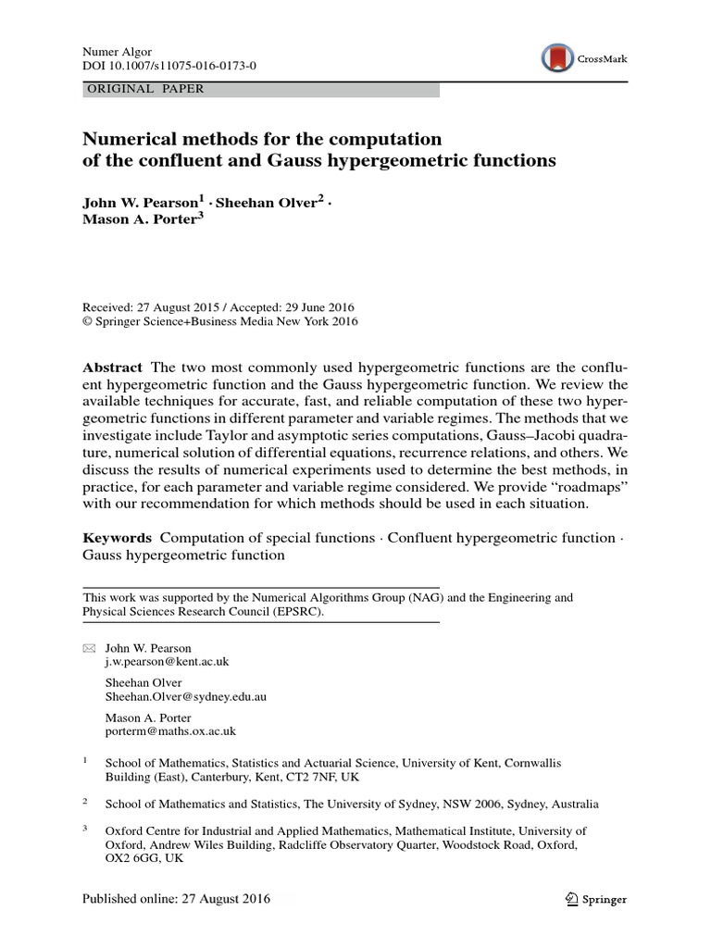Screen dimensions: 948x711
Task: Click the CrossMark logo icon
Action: tap(557, 58)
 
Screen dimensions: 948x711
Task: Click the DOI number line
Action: tap(169, 68)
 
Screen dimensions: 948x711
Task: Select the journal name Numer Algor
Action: tap(117, 53)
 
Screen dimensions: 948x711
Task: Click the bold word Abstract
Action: tap(113, 368)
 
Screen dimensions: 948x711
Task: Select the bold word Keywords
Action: tap(117, 538)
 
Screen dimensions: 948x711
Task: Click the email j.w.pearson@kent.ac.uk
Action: tap(168, 662)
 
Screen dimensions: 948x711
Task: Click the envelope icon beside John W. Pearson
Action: tap(89, 648)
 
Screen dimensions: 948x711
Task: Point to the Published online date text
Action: tap(177, 899)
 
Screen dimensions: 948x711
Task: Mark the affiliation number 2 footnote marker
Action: tap(86, 802)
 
